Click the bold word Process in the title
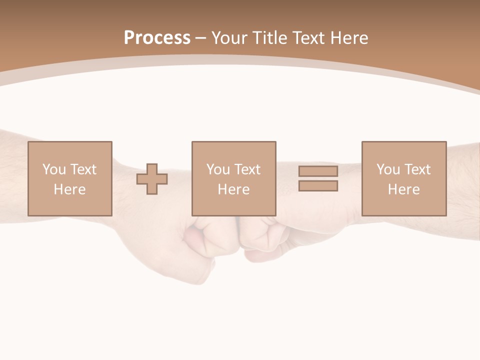coord(157,38)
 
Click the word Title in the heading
coord(270,38)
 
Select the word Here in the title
coord(349,38)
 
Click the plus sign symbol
coord(152,179)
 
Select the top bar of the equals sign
coord(318,171)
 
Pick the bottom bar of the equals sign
coord(318,186)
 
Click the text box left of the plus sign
coord(69,178)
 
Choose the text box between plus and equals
coord(233,178)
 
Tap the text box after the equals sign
coord(403,178)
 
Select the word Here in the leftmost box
coord(69,189)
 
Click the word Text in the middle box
coord(247,169)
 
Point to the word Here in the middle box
coord(233,189)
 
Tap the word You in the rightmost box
coord(388,169)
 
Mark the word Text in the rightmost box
coord(417,169)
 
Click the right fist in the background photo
coord(260,237)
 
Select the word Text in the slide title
coord(309,38)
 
